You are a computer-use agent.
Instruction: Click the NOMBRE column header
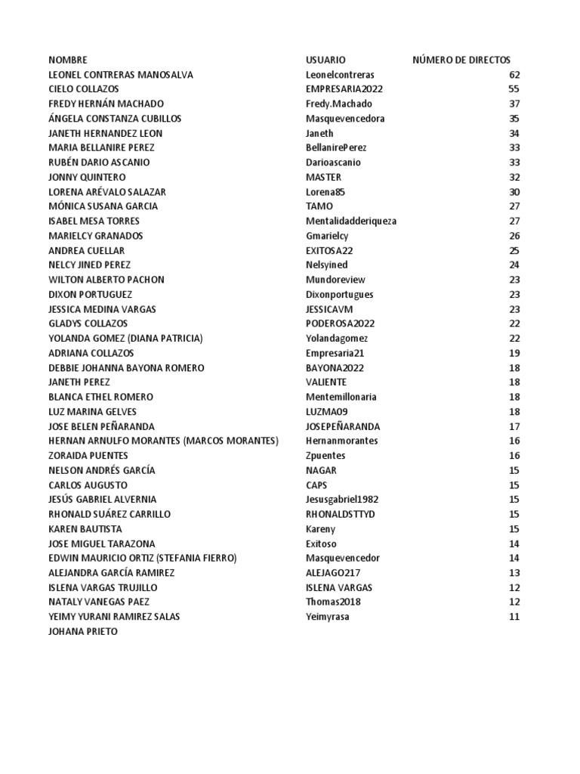[x=68, y=60]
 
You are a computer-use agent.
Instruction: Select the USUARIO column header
[x=325, y=60]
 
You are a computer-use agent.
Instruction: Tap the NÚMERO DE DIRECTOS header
[x=461, y=60]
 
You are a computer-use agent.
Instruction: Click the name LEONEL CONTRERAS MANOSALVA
[x=121, y=75]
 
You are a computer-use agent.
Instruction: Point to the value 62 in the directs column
[x=514, y=75]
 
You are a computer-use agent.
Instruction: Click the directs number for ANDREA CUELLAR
[x=514, y=250]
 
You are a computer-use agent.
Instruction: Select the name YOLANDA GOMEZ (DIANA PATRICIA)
[x=125, y=338]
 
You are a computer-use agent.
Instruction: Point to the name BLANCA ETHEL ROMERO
[x=100, y=397]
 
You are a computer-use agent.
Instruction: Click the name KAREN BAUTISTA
[x=85, y=529]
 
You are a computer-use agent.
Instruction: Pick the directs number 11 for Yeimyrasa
[x=514, y=617]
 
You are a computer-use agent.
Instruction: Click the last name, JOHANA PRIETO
[x=83, y=631]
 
